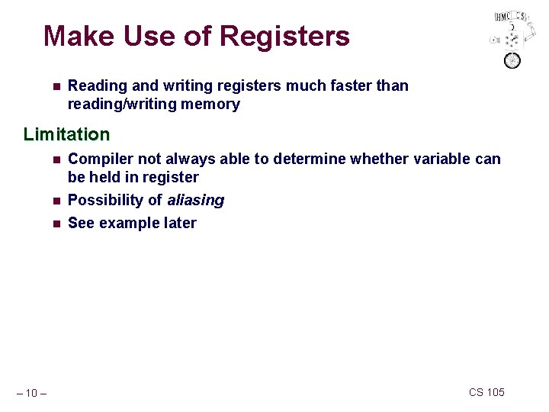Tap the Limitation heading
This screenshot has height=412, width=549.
click(x=66, y=135)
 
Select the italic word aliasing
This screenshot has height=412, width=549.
click(x=196, y=201)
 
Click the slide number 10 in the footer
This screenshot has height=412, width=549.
click(x=31, y=394)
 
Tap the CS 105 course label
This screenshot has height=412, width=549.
click(x=486, y=392)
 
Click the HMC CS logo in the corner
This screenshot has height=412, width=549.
click(x=510, y=38)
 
